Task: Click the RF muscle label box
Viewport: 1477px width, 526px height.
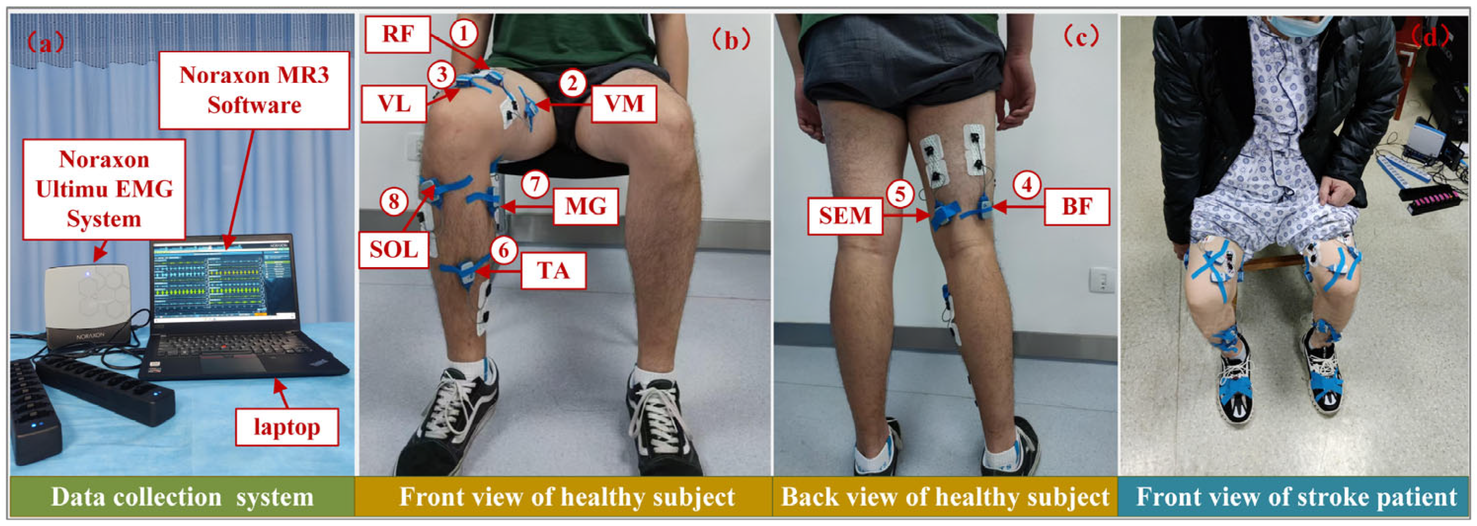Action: point(397,34)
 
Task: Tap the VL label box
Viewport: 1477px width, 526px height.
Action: point(394,104)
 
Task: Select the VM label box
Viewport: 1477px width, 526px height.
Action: point(624,104)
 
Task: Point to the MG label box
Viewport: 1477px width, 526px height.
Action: point(585,206)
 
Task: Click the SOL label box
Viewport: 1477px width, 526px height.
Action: point(393,249)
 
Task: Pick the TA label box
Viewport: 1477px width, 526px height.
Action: point(553,270)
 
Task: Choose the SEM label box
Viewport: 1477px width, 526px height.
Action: point(844,216)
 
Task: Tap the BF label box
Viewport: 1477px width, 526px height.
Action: point(1076,206)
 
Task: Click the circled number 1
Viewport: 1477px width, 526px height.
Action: point(463,33)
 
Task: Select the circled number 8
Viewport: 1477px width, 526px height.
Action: point(394,202)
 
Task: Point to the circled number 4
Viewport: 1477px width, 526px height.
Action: point(1026,185)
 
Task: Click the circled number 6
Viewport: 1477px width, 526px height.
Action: point(503,250)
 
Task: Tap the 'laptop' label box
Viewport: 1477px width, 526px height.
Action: point(287,427)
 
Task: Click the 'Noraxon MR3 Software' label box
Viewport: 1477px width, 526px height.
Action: point(254,90)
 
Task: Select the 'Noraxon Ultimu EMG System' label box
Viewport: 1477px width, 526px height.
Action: point(104,189)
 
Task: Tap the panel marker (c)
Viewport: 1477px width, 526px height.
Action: point(1081,38)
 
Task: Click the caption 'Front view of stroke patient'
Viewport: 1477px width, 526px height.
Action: point(1296,497)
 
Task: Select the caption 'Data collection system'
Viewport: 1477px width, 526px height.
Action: point(182,497)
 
